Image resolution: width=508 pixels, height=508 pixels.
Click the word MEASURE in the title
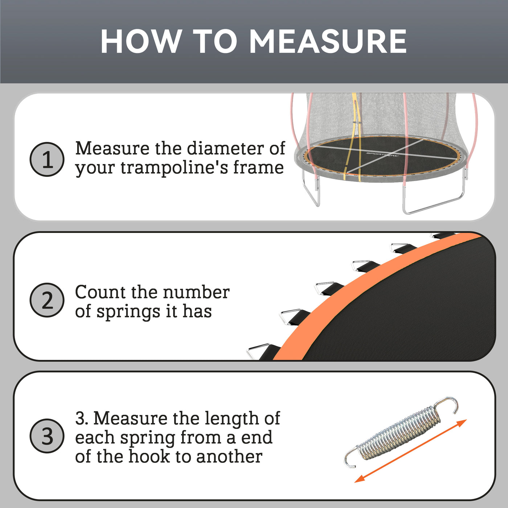[328, 41]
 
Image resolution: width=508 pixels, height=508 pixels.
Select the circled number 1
[47, 159]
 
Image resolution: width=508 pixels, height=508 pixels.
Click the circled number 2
[47, 300]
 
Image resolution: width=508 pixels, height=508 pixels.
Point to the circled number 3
[47, 436]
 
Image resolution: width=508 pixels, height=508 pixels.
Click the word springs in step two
[128, 312]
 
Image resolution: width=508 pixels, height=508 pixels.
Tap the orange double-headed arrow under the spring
[410, 451]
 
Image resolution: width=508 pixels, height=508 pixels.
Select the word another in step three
[229, 456]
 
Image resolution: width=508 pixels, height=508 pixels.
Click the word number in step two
[196, 292]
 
